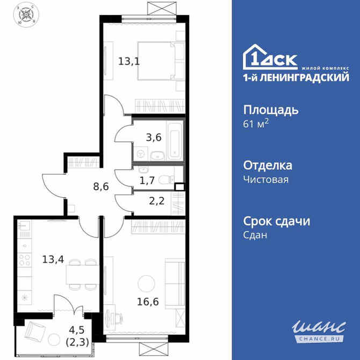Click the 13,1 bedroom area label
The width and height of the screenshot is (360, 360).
tap(129, 60)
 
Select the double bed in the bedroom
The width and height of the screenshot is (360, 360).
tap(161, 61)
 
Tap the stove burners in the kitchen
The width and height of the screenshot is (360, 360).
tap(25, 261)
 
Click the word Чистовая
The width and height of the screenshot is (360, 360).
tap(266, 179)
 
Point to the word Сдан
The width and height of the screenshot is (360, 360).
tap(255, 235)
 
